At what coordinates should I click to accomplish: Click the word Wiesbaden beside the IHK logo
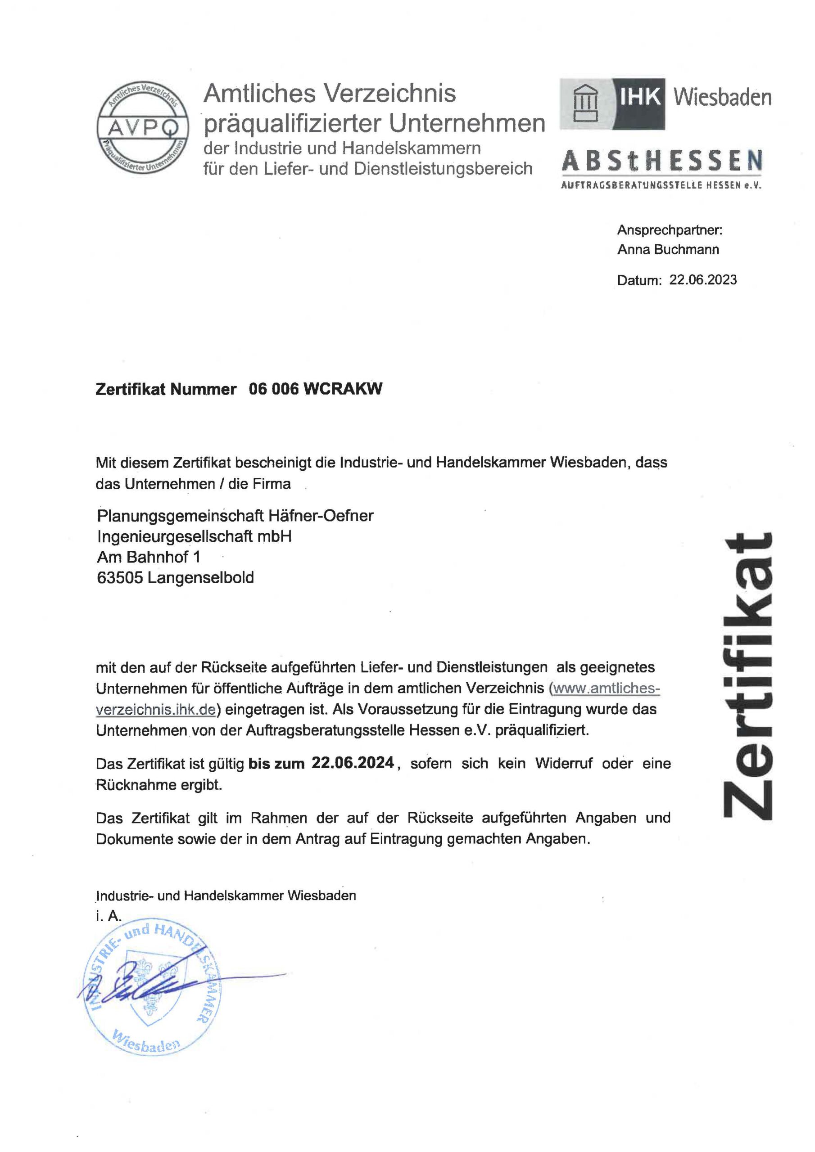(x=722, y=97)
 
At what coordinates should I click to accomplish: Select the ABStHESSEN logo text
(x=662, y=161)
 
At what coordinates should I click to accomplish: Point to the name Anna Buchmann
(x=668, y=249)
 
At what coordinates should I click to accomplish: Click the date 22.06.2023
(x=703, y=279)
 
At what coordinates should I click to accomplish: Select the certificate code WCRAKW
(x=343, y=389)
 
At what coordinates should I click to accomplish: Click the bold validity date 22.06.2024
(x=353, y=763)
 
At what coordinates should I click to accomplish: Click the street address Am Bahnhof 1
(x=149, y=557)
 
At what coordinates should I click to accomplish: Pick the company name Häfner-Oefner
(x=321, y=515)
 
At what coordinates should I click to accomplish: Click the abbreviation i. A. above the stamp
(x=109, y=916)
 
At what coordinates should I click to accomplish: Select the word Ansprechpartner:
(x=670, y=230)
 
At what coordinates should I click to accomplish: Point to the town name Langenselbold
(x=200, y=577)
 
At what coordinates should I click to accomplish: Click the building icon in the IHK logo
(x=586, y=103)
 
